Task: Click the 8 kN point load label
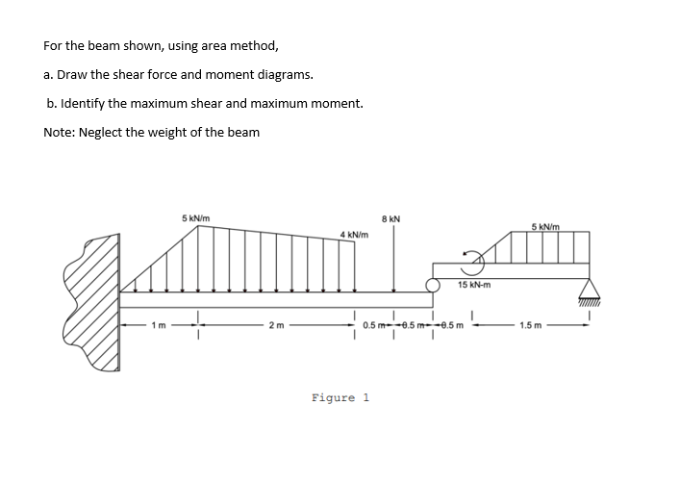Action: pyautogui.click(x=392, y=220)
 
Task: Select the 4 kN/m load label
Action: pyautogui.click(x=355, y=235)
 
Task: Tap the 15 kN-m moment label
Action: pyautogui.click(x=475, y=285)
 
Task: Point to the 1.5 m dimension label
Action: pyautogui.click(x=531, y=325)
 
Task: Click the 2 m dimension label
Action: pyautogui.click(x=277, y=325)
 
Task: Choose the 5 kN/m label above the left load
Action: pyautogui.click(x=198, y=218)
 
